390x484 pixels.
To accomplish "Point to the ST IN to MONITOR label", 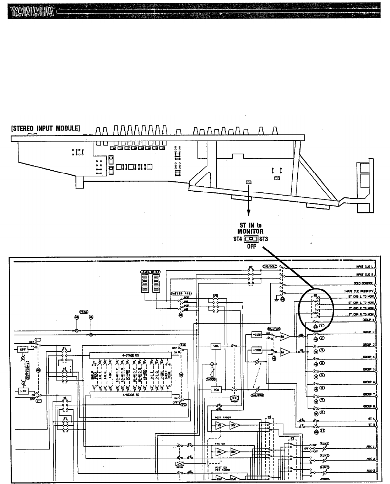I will [251, 228].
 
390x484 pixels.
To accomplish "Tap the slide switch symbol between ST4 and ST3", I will [250, 239].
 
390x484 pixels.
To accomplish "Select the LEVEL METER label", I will [151, 272].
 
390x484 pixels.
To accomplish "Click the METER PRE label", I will [182, 293].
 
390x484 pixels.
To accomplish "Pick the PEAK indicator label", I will [83, 312].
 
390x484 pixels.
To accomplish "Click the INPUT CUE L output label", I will [363, 266].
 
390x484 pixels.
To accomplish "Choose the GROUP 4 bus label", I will [367, 357].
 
